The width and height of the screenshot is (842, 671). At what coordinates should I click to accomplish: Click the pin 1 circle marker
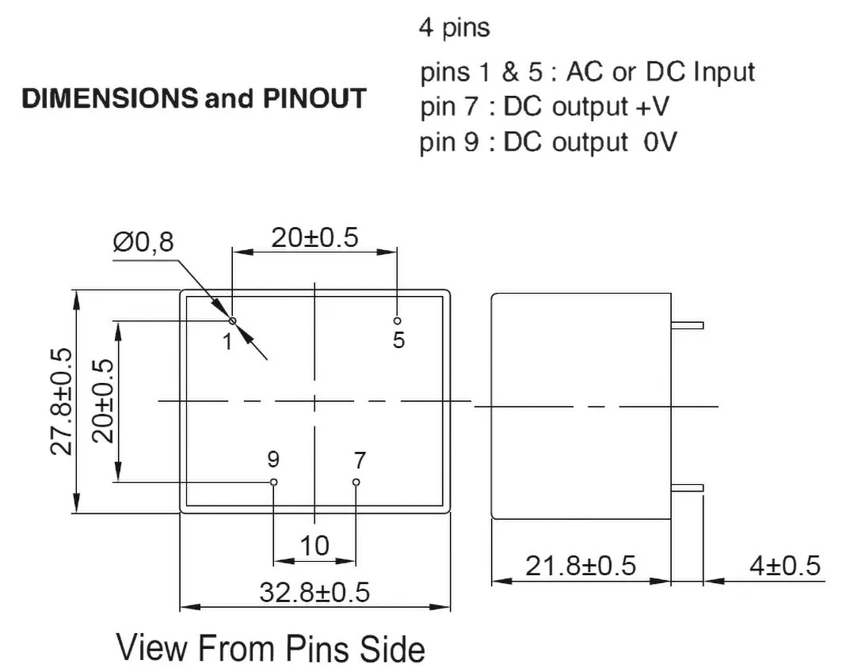click(233, 320)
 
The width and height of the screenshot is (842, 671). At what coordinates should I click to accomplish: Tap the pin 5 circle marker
click(398, 320)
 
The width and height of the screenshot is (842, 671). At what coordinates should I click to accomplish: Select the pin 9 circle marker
click(274, 482)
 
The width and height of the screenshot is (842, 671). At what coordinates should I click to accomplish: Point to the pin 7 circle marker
click(356, 482)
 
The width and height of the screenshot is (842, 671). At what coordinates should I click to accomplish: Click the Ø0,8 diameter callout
click(143, 242)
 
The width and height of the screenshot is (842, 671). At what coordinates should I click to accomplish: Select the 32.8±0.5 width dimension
click(314, 593)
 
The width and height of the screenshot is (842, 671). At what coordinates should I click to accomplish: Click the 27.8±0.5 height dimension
click(61, 402)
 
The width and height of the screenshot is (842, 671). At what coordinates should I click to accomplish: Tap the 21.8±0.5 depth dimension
click(581, 566)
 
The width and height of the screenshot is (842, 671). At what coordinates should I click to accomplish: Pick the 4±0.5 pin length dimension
click(785, 566)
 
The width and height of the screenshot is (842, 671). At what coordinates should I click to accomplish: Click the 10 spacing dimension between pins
click(314, 546)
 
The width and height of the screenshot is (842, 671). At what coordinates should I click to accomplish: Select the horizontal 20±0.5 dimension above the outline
click(314, 237)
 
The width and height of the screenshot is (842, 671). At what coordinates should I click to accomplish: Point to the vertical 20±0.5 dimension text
click(103, 401)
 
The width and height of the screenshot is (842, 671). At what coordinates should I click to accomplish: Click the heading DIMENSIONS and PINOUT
click(194, 99)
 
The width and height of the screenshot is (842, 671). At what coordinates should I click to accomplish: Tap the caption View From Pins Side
click(271, 648)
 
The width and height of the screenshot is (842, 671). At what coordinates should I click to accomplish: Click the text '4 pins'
click(455, 28)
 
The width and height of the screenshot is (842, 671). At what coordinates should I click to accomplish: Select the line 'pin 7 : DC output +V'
click(544, 107)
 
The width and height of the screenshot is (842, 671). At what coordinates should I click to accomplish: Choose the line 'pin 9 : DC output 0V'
click(548, 142)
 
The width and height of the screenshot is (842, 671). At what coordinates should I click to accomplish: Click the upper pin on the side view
click(688, 325)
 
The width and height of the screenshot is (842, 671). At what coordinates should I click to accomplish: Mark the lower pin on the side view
click(688, 488)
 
